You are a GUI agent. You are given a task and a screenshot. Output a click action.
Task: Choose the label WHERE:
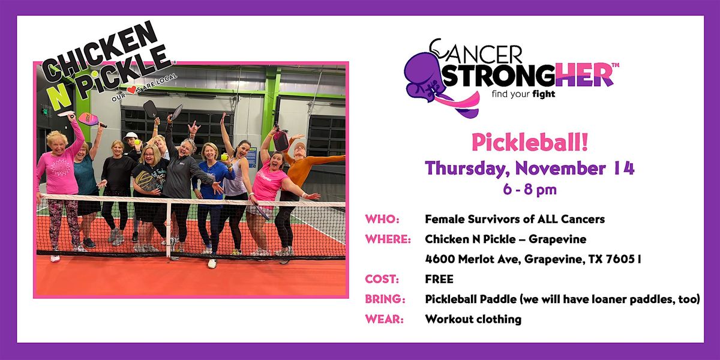coord(388,239)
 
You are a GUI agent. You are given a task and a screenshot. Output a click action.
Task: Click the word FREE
coord(439,279)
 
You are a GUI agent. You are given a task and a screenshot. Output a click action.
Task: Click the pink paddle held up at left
coord(91,119)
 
